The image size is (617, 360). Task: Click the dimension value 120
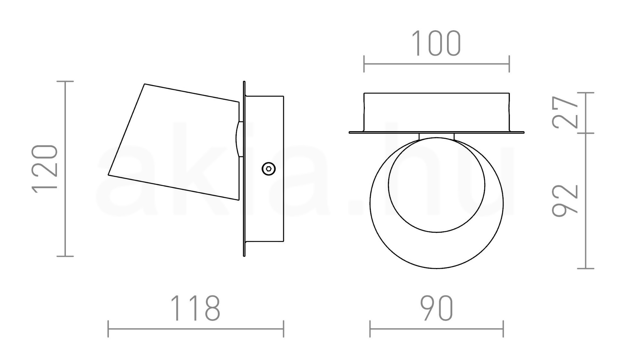click(x=45, y=169)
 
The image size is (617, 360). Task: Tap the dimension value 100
click(x=436, y=43)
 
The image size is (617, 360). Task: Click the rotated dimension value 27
click(x=565, y=112)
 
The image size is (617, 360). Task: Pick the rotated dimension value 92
click(x=565, y=200)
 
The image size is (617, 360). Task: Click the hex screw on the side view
click(x=269, y=169)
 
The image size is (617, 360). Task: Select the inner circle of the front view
click(x=437, y=185)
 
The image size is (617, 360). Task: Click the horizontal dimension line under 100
click(x=436, y=64)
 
